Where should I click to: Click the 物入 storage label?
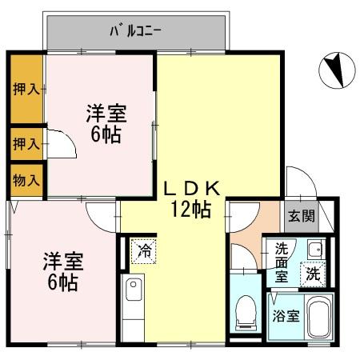coord(26,180)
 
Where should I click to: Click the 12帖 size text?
coord(192,210)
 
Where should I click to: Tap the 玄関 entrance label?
coord(302,215)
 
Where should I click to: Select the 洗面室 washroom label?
coord(282,262)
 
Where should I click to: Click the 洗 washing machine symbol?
coord(314,274)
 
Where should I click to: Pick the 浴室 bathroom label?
coord(287,315)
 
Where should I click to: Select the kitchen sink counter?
coord(133,305)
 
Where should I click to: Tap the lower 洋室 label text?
coord(62,261)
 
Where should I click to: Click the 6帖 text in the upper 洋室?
coord(106,134)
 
